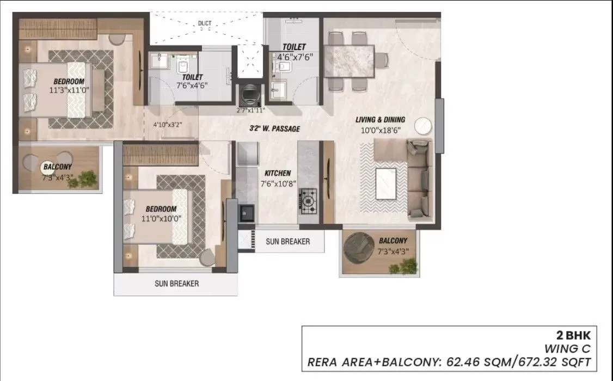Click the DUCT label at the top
click(x=205, y=23)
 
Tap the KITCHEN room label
click(x=278, y=173)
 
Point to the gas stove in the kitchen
click(x=309, y=200)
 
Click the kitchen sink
click(x=247, y=212)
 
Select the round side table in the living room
click(x=424, y=126)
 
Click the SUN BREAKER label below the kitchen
click(x=287, y=241)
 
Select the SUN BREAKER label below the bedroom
click(x=176, y=284)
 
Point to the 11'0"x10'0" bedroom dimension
click(x=161, y=218)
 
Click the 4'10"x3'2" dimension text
click(x=167, y=125)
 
